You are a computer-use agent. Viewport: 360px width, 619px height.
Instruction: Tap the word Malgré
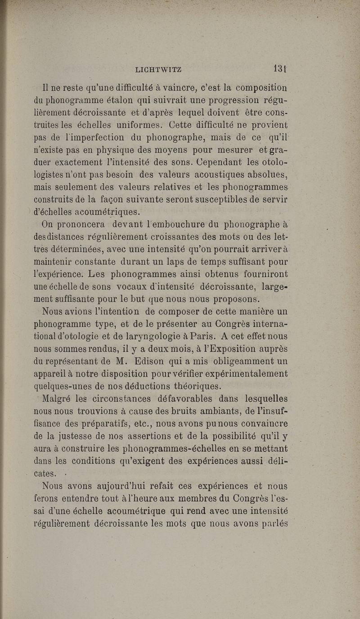(56, 397)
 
